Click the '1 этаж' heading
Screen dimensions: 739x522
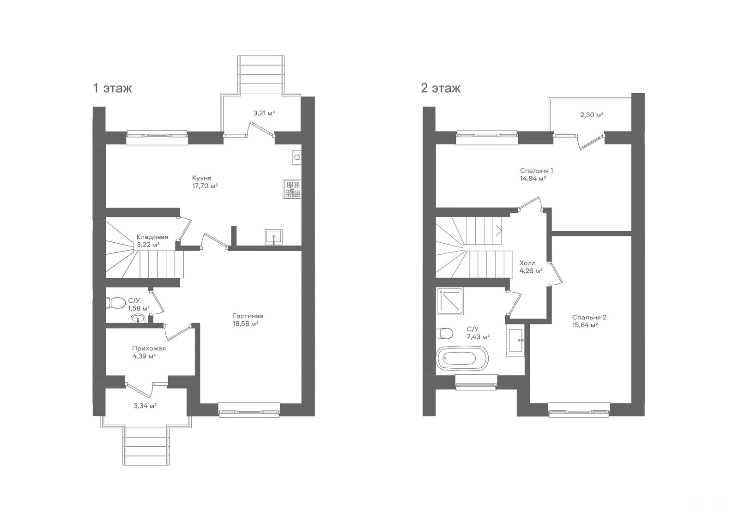113,88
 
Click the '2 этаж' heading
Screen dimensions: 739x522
441,88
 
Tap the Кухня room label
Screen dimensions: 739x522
201,178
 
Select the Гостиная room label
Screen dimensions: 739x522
248,316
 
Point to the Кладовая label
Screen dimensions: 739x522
152,237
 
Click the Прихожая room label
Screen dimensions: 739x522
149,348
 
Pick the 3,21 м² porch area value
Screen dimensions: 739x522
264,113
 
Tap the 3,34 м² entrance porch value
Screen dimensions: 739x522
145,406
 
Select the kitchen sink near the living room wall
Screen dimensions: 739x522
273,237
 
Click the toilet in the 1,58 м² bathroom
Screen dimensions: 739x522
115,303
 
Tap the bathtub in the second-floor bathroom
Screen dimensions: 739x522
462,358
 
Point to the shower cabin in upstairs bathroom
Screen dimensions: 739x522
450,301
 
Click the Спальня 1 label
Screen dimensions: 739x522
536,170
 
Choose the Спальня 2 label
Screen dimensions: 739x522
589,317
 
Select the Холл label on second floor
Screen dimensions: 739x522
527,263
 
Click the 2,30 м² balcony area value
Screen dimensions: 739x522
592,115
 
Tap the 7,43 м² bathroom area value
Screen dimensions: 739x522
478,337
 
